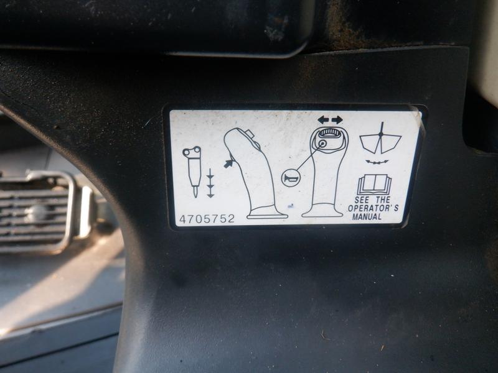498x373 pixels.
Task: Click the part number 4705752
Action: click(x=207, y=219)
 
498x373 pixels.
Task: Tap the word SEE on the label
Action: click(x=362, y=200)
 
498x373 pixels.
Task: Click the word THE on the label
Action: click(x=383, y=200)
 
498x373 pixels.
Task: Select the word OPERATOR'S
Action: click(x=373, y=208)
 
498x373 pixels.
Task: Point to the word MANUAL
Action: click(x=367, y=217)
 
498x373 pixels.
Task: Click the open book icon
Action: click(x=374, y=185)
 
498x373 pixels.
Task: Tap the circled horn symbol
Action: click(x=290, y=178)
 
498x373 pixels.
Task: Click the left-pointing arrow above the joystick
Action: click(x=323, y=120)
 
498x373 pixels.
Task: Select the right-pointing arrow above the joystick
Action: click(x=337, y=120)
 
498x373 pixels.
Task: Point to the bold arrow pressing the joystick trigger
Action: click(x=228, y=163)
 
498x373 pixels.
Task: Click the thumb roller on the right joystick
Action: click(x=329, y=133)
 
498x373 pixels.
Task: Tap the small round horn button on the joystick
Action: click(x=322, y=144)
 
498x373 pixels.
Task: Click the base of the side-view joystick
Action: click(x=267, y=214)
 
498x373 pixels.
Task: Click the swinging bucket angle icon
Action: click(x=380, y=139)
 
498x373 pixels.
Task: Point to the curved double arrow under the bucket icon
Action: click(x=377, y=162)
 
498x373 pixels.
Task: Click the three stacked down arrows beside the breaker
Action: click(x=210, y=183)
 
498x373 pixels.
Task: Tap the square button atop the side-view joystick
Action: click(x=250, y=134)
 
